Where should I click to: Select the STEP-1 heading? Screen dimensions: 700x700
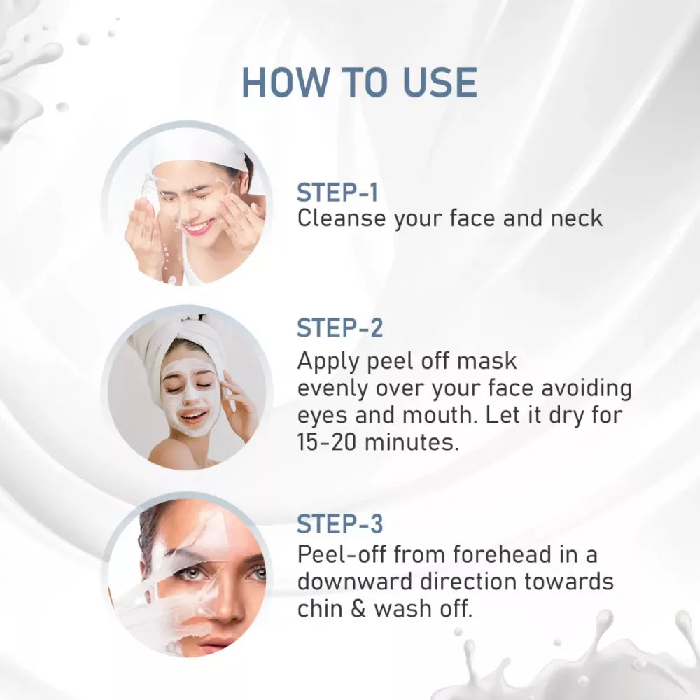pos(337,192)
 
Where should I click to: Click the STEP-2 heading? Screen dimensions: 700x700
pos(339,328)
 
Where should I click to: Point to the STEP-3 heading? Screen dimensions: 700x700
pos(339,524)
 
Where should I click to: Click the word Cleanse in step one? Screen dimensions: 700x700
pos(342,218)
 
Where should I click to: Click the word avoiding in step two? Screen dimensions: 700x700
pos(587,388)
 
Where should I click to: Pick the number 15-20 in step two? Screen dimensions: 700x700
pos(327,442)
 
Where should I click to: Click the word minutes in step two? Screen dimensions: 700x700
pos(412,442)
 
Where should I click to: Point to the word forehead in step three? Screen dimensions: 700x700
pos(502,555)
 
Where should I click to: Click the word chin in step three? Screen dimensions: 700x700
pos(320,609)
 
